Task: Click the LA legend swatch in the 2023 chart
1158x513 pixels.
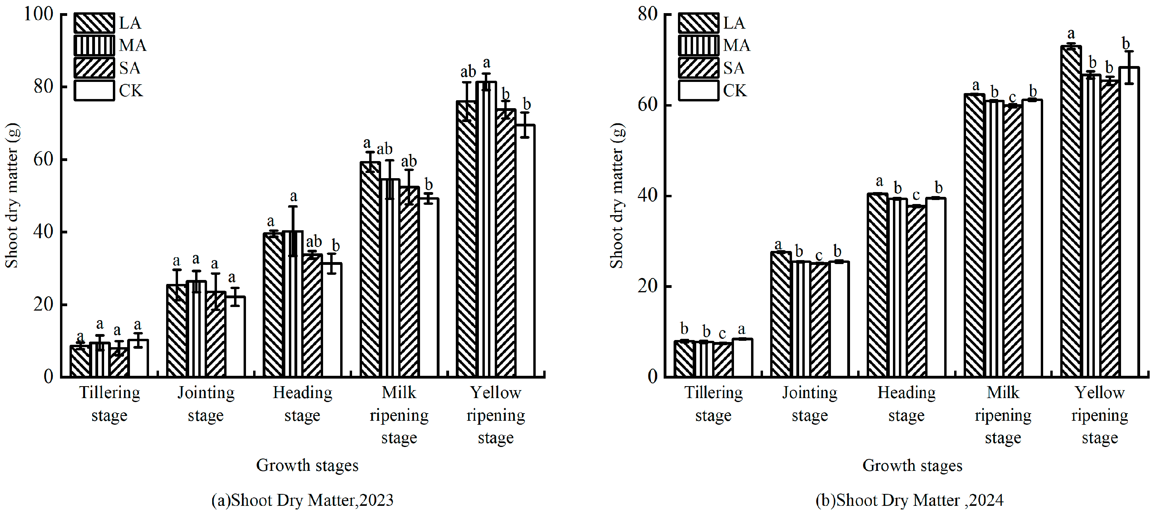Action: [94, 23]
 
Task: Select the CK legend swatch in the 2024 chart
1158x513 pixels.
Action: [698, 90]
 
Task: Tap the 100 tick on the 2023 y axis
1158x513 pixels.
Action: [39, 14]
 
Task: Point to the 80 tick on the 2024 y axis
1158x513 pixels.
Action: [648, 14]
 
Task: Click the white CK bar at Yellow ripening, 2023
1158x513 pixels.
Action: [525, 252]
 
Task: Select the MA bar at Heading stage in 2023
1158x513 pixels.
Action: [293, 306]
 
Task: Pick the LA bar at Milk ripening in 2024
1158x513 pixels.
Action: [974, 234]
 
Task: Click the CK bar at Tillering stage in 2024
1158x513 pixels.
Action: [742, 358]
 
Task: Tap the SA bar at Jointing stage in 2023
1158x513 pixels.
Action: [216, 335]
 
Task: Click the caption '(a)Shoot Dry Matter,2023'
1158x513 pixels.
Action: [302, 500]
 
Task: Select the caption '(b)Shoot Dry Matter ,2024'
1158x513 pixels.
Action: [909, 500]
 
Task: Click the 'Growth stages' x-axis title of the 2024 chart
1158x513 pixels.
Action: [912, 465]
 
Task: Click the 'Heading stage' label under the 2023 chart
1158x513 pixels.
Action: [302, 404]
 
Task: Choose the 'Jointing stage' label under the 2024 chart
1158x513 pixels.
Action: [809, 404]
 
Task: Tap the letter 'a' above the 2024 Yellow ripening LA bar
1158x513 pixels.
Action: [1071, 34]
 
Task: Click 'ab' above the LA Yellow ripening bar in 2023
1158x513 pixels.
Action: [468, 72]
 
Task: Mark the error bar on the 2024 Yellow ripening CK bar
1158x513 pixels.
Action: [1129, 68]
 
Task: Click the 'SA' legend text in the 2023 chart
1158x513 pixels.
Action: [130, 68]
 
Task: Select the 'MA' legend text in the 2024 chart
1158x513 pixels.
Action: [736, 45]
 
